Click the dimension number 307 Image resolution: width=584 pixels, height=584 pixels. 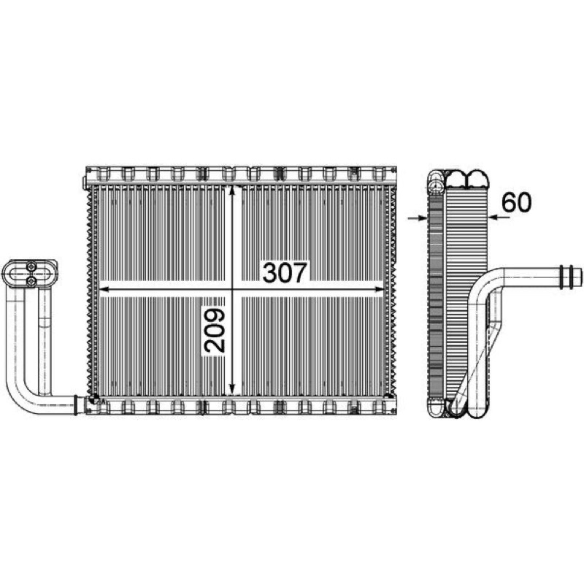[285, 272]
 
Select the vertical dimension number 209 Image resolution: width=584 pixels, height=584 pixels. [215, 331]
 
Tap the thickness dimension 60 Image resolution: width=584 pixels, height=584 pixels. [516, 203]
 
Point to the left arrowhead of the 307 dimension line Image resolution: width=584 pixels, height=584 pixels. [105, 289]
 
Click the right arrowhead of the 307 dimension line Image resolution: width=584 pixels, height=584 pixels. [378, 289]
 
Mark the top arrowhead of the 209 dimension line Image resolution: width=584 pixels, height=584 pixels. [232, 191]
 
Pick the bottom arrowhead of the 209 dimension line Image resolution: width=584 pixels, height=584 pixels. [232, 390]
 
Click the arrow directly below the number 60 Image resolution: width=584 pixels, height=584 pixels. [499, 218]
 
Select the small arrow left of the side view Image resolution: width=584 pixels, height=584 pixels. [418, 218]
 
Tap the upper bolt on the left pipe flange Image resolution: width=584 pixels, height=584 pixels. [31, 266]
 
